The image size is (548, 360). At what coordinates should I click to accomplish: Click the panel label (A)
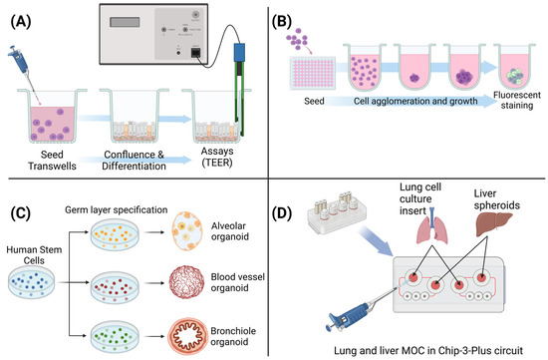pos(21,16)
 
